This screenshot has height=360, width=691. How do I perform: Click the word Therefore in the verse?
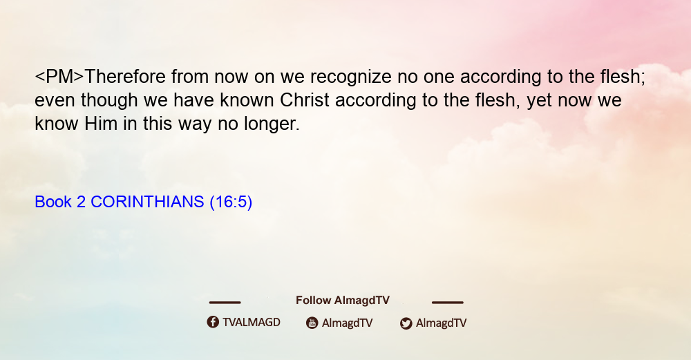point(124,76)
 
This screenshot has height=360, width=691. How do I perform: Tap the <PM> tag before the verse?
point(59,76)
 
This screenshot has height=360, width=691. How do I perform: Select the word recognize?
point(351,77)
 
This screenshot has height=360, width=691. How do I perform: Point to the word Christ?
point(305,100)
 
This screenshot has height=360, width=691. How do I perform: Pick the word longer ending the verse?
point(272,124)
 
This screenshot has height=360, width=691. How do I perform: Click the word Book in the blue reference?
point(53,201)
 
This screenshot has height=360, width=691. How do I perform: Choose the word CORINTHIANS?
point(147,201)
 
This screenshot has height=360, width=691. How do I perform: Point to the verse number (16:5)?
point(231,202)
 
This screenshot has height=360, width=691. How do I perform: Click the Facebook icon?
point(213,322)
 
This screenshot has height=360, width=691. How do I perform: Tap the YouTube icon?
point(312,323)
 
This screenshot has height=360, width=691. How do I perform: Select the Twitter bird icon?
point(406,323)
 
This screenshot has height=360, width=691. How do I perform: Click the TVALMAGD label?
point(252,322)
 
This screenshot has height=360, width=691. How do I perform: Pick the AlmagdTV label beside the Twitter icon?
point(441,323)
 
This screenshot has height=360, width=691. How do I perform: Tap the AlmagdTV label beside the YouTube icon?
point(348,323)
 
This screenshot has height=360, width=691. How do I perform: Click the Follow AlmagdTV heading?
point(343,300)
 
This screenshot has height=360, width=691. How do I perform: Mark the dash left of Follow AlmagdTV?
point(225,302)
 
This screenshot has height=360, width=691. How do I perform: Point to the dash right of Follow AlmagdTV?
point(448,302)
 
